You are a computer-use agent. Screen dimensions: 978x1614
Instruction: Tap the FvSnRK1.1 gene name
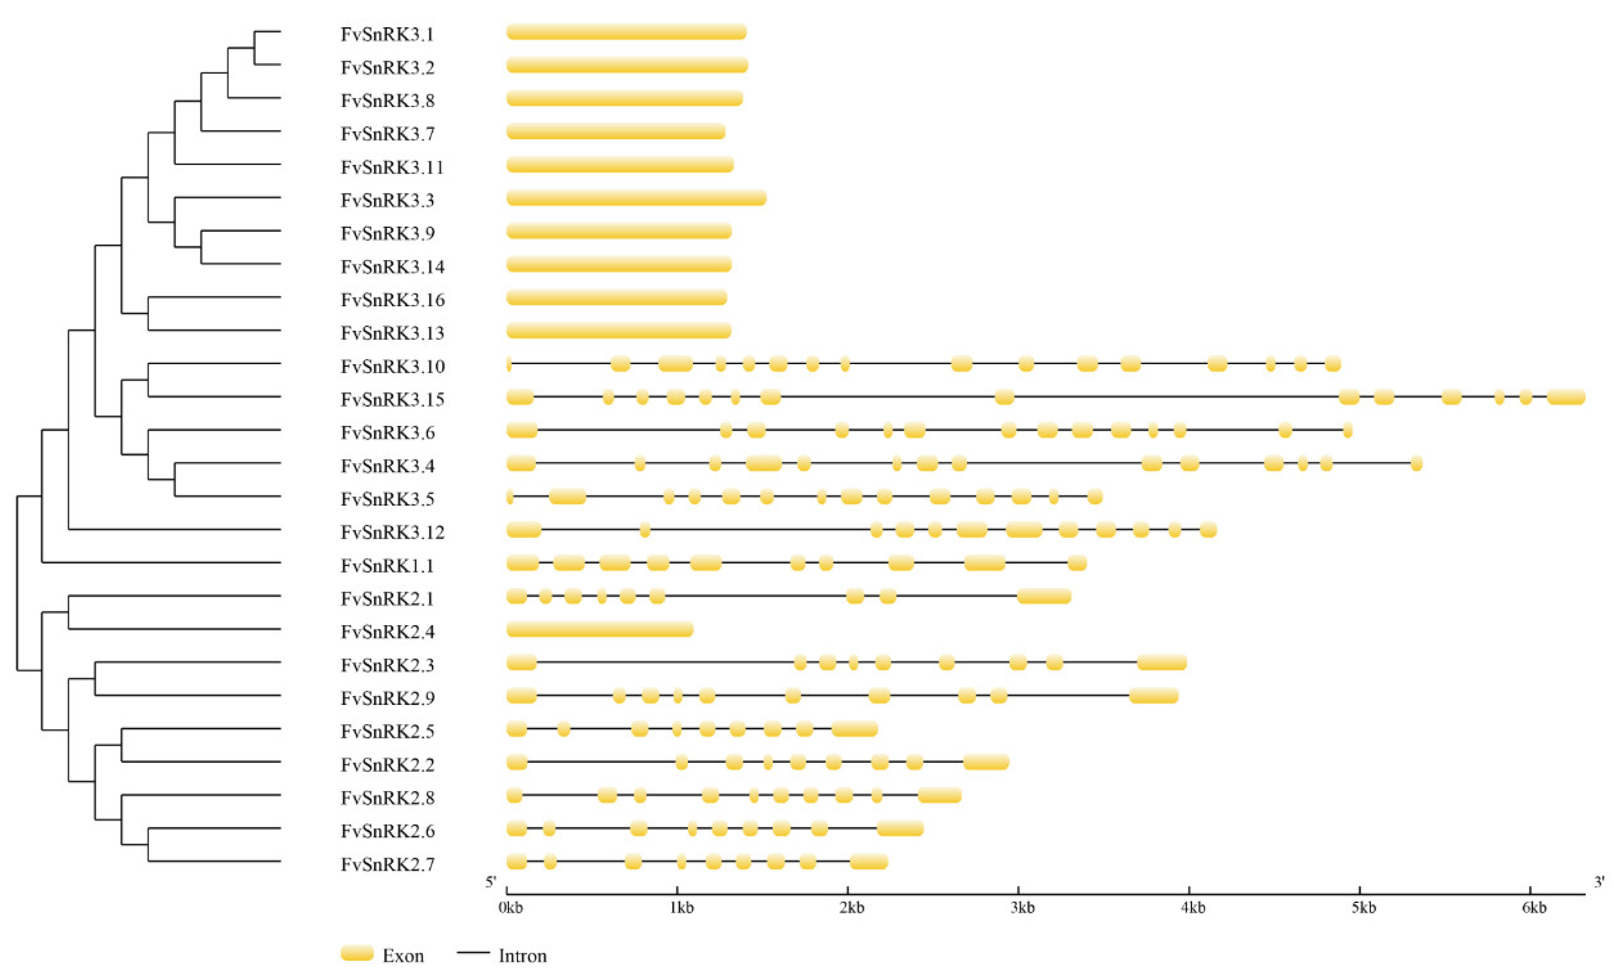point(387,565)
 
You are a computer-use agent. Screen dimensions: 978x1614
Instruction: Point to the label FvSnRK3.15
point(393,400)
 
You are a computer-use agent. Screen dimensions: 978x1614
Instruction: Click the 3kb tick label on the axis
point(1022,908)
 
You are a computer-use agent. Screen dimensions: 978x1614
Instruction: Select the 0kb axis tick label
point(510,908)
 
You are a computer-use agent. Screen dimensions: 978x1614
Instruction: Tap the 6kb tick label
point(1533,908)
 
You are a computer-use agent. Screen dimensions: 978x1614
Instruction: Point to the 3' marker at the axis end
point(1599,882)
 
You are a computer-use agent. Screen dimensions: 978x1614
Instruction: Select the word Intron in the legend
point(522,956)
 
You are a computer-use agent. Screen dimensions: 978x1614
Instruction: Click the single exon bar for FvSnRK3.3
point(636,198)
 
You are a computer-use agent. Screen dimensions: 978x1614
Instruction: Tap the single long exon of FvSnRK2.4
point(599,629)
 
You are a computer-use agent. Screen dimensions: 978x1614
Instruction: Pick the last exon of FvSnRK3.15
point(1565,397)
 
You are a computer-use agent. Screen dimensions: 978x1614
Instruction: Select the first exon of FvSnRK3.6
point(522,430)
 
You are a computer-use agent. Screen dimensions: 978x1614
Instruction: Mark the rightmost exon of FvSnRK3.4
point(1416,464)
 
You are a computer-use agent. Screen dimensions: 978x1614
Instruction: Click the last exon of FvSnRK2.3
point(1162,662)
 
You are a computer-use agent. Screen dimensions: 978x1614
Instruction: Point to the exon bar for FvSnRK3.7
point(616,132)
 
